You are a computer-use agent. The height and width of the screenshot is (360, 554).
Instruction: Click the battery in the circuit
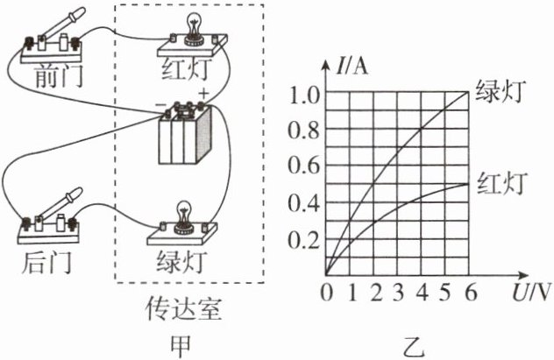185,133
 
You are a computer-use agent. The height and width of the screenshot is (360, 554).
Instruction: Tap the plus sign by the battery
204,94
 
